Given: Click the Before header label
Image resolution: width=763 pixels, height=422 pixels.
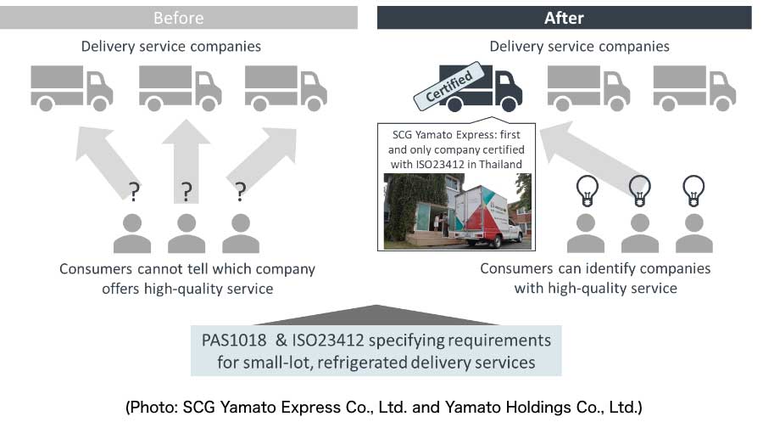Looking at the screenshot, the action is point(179,18).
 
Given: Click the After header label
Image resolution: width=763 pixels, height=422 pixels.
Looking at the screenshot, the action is point(564,18).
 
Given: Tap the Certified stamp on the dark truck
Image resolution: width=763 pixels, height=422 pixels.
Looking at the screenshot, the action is point(448,86).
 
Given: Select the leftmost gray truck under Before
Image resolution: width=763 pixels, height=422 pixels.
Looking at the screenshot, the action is point(72,88).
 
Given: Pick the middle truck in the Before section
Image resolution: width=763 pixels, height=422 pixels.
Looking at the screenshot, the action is point(181,88).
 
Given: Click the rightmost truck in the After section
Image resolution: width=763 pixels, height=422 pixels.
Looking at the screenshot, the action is point(694,88).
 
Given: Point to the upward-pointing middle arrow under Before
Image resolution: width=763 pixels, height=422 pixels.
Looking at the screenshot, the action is point(186,160).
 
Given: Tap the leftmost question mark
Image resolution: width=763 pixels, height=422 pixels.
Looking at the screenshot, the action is point(134,192).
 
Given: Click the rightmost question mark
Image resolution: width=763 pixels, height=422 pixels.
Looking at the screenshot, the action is point(241,192).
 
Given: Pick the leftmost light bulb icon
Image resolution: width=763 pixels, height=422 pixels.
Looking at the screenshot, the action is point(587,191).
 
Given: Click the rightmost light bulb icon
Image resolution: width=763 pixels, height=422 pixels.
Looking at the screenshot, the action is point(693,191).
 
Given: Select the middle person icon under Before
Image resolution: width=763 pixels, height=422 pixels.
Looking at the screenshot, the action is point(187,234).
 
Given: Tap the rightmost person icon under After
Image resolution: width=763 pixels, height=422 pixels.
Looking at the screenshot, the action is point(693,234).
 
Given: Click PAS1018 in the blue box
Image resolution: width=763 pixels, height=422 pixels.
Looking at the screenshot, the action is point(234,340).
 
